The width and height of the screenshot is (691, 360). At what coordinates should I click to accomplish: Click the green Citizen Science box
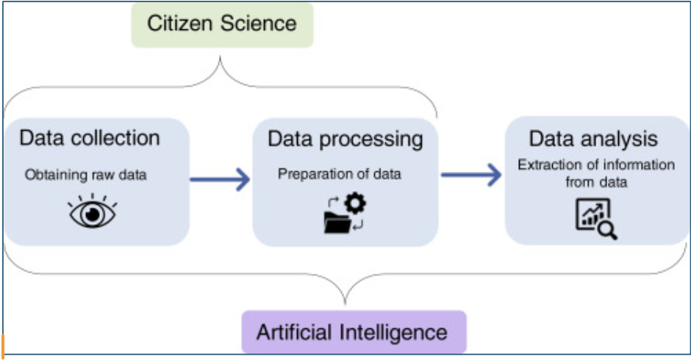[x=221, y=24]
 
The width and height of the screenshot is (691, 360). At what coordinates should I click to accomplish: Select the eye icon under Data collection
[x=93, y=212]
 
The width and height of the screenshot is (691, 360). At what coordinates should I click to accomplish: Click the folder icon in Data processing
[x=337, y=223]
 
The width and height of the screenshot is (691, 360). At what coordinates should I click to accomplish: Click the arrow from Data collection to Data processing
[x=220, y=179]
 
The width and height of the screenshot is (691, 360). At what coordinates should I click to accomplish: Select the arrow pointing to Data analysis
[x=470, y=175]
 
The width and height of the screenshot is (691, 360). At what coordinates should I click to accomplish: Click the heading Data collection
[x=90, y=137]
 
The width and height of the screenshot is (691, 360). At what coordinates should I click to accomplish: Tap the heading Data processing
[x=345, y=139]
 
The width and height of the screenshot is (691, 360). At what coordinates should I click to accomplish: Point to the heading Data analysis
[x=593, y=139]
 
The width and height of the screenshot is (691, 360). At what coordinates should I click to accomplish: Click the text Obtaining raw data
[x=85, y=175]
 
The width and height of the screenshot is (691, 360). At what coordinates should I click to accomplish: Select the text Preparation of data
[x=340, y=174]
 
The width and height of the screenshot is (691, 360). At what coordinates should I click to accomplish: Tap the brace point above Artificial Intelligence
[x=345, y=301]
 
